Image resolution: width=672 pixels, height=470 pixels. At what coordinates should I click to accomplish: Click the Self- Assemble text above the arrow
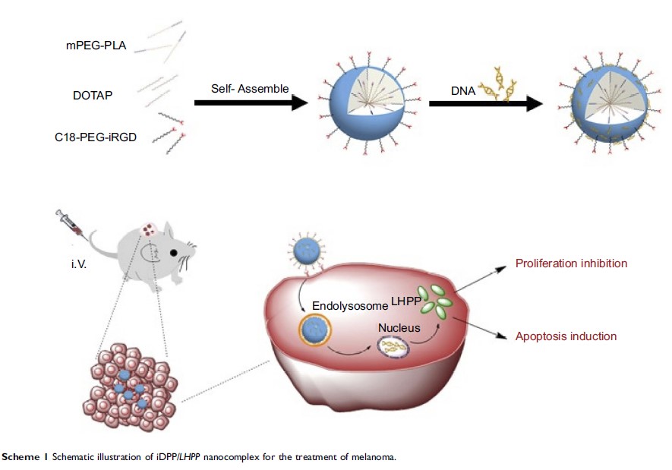pyautogui.click(x=250, y=88)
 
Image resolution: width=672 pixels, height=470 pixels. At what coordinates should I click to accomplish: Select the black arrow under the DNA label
pyautogui.click(x=487, y=105)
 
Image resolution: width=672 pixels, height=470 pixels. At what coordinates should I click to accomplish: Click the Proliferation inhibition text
pyautogui.click(x=571, y=263)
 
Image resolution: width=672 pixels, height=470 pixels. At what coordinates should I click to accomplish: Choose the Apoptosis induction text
pyautogui.click(x=566, y=336)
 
